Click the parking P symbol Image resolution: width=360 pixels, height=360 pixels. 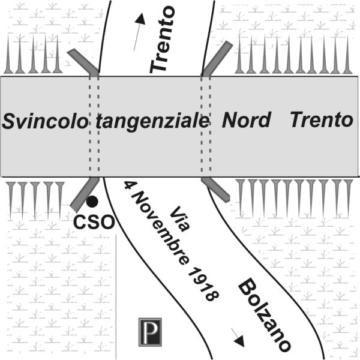[x=150, y=332]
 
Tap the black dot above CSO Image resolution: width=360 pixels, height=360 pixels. [x=92, y=202]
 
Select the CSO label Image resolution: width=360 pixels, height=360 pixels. [x=94, y=222]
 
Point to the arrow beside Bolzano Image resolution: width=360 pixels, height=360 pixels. [x=238, y=337]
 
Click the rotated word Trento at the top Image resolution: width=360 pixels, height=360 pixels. [x=163, y=39]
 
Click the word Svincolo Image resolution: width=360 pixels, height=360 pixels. [x=45, y=121]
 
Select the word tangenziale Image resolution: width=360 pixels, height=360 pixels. [x=152, y=122]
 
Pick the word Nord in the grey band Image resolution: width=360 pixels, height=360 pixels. [x=247, y=119]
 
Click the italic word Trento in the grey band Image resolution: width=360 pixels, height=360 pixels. [x=322, y=119]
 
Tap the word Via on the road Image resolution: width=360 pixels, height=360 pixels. [x=180, y=219]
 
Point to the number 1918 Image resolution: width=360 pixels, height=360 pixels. [x=203, y=284]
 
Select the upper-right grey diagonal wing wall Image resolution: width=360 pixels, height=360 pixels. [x=217, y=59]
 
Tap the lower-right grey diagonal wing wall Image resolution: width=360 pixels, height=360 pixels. [x=215, y=190]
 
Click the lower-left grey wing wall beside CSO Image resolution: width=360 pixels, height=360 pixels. [x=84, y=194]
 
